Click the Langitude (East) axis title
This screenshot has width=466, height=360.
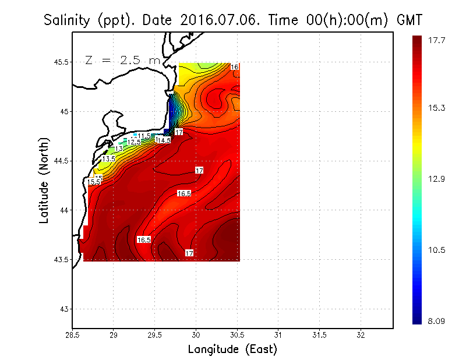tap(232, 349)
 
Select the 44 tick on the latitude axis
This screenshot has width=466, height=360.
tap(62, 210)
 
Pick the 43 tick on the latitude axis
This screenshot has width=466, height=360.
tap(62, 308)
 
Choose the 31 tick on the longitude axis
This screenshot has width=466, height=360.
tap(278, 336)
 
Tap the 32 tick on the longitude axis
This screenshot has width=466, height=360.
tap(360, 336)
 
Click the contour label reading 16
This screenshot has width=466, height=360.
tap(234, 68)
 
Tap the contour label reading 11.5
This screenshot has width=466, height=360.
tap(144, 136)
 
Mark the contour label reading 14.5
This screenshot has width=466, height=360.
tap(164, 140)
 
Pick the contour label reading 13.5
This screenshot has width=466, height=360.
tap(108, 158)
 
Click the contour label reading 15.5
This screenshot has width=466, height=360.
tap(93, 182)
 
